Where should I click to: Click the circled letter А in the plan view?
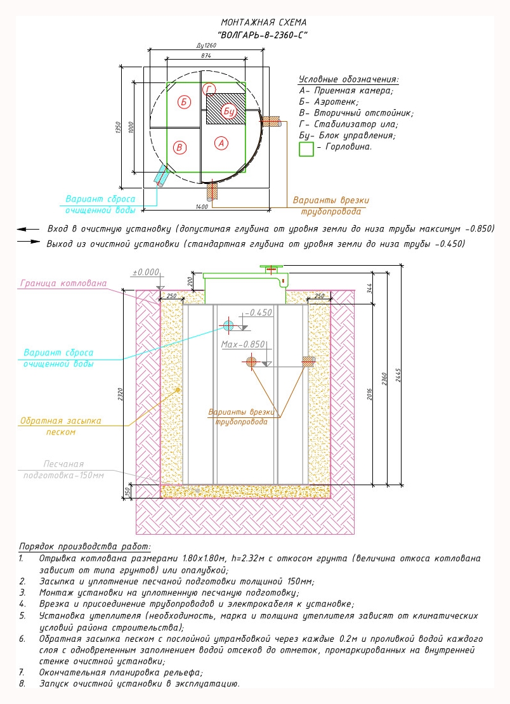tap(221, 143)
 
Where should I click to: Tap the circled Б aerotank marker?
tap(183, 102)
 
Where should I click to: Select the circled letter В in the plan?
tap(180, 148)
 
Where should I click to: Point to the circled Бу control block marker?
tap(228, 110)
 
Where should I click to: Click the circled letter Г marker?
tap(209, 89)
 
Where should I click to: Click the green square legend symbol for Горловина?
tap(306, 149)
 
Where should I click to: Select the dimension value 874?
tap(206, 56)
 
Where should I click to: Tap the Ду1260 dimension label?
tap(206, 45)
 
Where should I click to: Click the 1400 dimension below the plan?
tap(202, 207)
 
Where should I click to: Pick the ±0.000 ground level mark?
tap(146, 272)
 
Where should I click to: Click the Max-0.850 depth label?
tap(243, 344)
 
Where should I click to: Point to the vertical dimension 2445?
tap(398, 375)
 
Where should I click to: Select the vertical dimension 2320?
tap(121, 394)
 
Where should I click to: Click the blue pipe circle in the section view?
tap(228, 325)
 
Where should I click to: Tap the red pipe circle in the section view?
tap(251, 362)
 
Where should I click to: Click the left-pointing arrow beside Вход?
tap(28, 230)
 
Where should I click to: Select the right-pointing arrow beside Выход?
tap(29, 242)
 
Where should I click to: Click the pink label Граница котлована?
tap(63, 284)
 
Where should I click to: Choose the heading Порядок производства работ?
tap(85, 547)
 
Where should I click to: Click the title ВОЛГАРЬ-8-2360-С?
tap(263, 35)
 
